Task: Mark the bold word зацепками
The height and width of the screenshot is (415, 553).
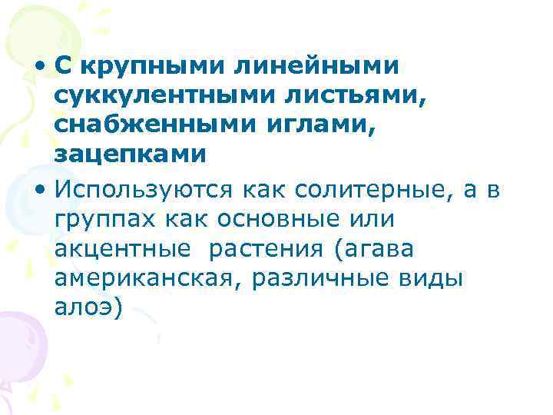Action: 131,154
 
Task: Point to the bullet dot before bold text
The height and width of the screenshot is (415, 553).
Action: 38,68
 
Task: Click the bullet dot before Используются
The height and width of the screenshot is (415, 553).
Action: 38,188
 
